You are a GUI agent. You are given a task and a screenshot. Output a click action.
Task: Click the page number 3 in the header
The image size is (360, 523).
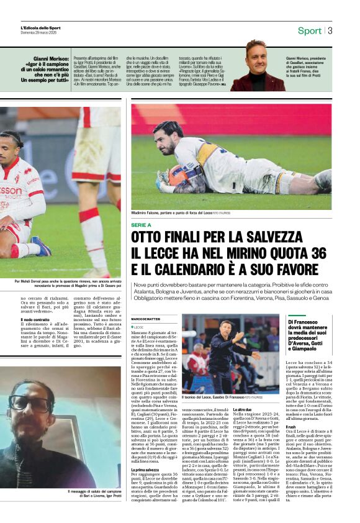click(330, 30)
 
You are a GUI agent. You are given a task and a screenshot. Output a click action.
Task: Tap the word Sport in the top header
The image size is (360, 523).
click(309, 30)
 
